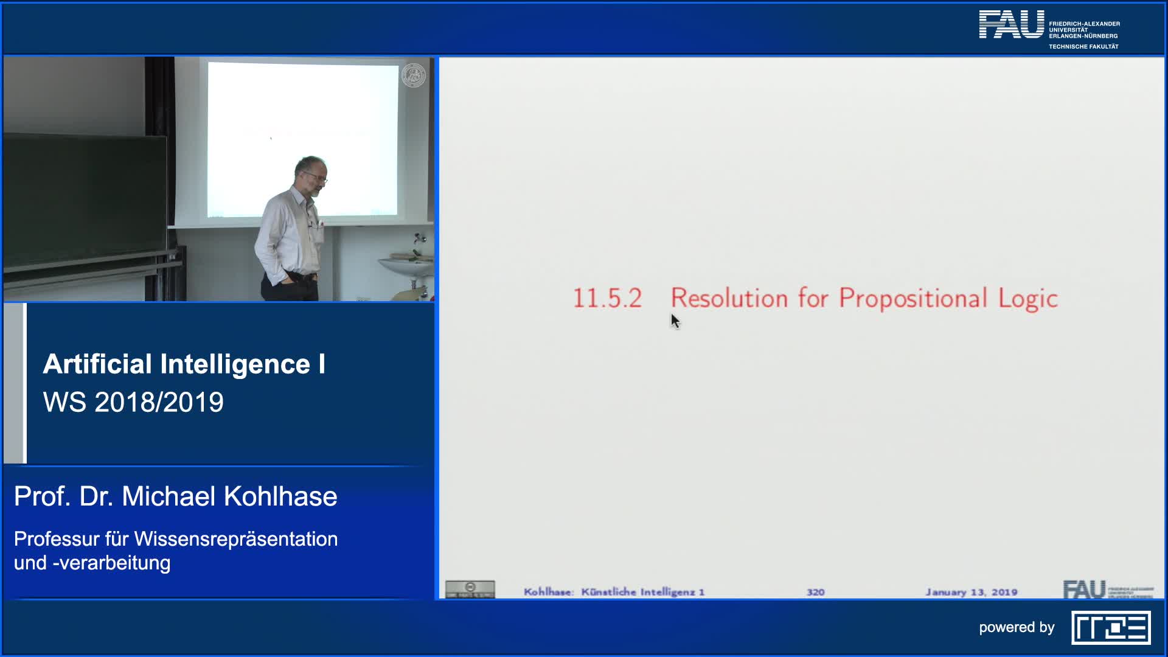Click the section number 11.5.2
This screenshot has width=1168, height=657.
[x=607, y=298]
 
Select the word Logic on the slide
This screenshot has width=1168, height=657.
[x=1028, y=299]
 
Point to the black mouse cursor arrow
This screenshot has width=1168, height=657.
[x=675, y=321]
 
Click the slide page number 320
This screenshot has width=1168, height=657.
[x=815, y=592]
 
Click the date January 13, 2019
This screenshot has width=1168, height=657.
[x=971, y=592]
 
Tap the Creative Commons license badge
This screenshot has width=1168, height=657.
[x=470, y=589]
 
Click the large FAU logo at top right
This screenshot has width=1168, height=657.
[x=1011, y=25]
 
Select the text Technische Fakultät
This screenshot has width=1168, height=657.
[x=1083, y=47]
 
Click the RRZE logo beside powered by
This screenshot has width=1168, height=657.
[x=1111, y=628]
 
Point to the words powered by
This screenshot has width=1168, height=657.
[x=1017, y=627]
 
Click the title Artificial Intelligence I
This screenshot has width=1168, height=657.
[x=184, y=364]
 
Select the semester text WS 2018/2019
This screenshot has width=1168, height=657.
[x=133, y=402]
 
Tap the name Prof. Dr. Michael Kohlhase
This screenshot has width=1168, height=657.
[x=175, y=496]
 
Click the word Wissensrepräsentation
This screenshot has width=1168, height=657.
[x=236, y=539]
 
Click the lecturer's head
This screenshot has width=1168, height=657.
[x=311, y=173]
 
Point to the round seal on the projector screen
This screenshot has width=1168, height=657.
[x=414, y=75]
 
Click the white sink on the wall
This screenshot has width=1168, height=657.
[x=406, y=265]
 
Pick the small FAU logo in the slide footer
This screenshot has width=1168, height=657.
[x=1085, y=589]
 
